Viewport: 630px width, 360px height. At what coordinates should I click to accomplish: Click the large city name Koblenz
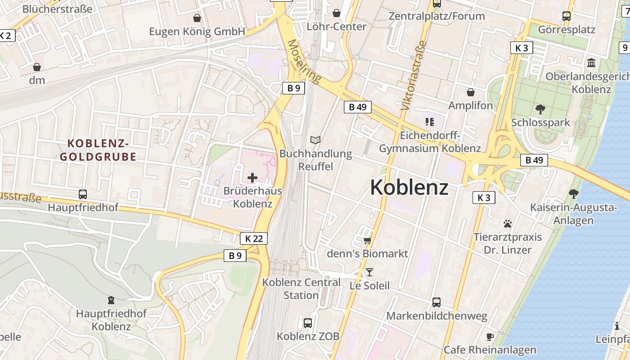pyautogui.click(x=409, y=188)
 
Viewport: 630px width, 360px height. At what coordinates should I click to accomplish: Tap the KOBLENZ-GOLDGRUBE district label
pyautogui.click(x=98, y=150)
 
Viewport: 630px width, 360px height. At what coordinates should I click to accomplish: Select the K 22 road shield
pyautogui.click(x=254, y=238)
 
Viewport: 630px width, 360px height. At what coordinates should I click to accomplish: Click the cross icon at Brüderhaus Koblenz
pyautogui.click(x=252, y=178)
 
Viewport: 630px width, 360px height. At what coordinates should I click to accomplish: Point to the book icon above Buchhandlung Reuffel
pyautogui.click(x=316, y=140)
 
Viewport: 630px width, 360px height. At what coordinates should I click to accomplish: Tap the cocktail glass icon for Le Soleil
pyautogui.click(x=369, y=272)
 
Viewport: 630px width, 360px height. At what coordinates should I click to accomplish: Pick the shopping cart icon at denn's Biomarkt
pyautogui.click(x=367, y=241)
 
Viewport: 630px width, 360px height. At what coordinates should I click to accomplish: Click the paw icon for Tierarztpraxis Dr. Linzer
pyautogui.click(x=508, y=224)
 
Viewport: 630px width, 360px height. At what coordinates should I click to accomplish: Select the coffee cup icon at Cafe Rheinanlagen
pyautogui.click(x=490, y=337)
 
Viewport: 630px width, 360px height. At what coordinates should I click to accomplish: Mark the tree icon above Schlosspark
pyautogui.click(x=540, y=109)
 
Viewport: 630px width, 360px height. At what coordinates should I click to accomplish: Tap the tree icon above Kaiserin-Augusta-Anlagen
pyautogui.click(x=573, y=194)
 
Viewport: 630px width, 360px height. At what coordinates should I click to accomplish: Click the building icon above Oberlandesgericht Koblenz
pyautogui.click(x=591, y=63)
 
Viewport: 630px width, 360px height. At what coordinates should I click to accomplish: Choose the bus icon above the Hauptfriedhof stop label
pyautogui.click(x=83, y=194)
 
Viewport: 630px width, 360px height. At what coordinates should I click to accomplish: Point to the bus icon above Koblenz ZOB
pyautogui.click(x=308, y=323)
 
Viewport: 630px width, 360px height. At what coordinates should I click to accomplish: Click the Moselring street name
pyautogui.click(x=305, y=62)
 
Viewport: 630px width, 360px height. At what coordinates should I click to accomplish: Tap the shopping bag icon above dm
pyautogui.click(x=37, y=67)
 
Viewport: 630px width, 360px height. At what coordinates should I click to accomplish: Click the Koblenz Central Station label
pyautogui.click(x=301, y=289)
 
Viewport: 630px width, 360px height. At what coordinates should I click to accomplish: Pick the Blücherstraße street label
pyautogui.click(x=57, y=9)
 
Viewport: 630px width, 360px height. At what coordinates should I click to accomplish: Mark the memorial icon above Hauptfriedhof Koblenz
pyautogui.click(x=111, y=300)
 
